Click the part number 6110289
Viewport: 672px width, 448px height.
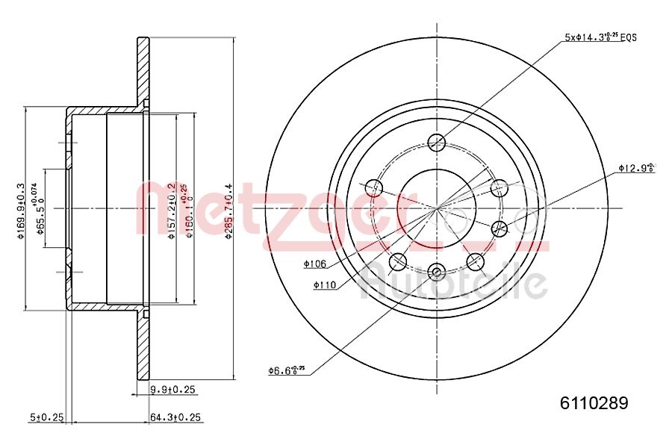pyautogui.click(x=594, y=403)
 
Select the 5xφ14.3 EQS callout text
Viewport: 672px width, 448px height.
pyautogui.click(x=600, y=37)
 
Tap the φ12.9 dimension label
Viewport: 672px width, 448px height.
pyautogui.click(x=635, y=168)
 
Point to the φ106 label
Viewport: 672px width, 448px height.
pyautogui.click(x=316, y=264)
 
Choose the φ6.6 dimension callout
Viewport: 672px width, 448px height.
pyautogui.click(x=286, y=370)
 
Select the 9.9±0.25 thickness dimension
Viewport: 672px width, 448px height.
pyautogui.click(x=172, y=389)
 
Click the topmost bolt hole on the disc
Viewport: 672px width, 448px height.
pyautogui.click(x=438, y=142)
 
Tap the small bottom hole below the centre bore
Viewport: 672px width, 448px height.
pyautogui.click(x=438, y=270)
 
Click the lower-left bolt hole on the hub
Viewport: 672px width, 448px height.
pyautogui.click(x=399, y=261)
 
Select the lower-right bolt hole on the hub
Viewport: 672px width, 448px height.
pyautogui.click(x=476, y=261)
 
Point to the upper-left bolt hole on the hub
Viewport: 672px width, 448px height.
pyautogui.click(x=376, y=187)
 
